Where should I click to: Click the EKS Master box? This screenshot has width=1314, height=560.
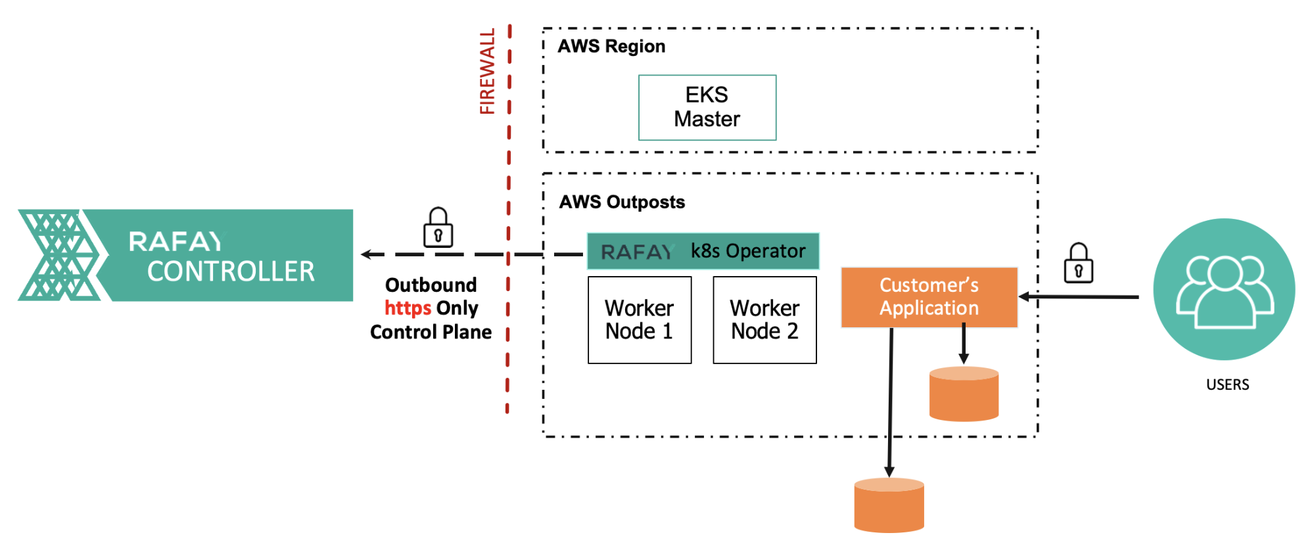pyautogui.click(x=707, y=107)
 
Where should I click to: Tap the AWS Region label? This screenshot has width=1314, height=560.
pyautogui.click(x=611, y=46)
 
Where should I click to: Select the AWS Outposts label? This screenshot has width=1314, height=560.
pyautogui.click(x=622, y=202)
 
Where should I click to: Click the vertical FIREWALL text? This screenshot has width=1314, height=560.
pyautogui.click(x=487, y=71)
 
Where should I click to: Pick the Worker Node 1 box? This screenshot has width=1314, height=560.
pyautogui.click(x=640, y=320)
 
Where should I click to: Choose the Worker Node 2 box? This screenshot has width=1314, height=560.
pyautogui.click(x=764, y=320)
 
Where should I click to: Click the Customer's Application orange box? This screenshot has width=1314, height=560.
pyautogui.click(x=929, y=297)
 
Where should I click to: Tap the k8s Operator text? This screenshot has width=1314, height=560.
pyautogui.click(x=748, y=251)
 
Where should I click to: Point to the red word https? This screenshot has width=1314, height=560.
pyautogui.click(x=408, y=308)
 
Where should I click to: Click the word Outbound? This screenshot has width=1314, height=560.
pyautogui.click(x=431, y=285)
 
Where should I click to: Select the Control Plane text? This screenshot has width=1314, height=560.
pyautogui.click(x=431, y=332)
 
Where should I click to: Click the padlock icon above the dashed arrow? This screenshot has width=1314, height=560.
pyautogui.click(x=438, y=228)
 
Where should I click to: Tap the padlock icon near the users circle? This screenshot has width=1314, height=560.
pyautogui.click(x=1078, y=264)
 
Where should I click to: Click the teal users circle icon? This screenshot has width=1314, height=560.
pyautogui.click(x=1224, y=289)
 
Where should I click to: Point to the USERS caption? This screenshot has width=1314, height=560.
pyautogui.click(x=1227, y=385)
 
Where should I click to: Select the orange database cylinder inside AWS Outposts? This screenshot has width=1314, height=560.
pyautogui.click(x=964, y=394)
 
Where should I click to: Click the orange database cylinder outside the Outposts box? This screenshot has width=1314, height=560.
pyautogui.click(x=889, y=505)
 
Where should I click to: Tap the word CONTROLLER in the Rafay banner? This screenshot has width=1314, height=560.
pyautogui.click(x=231, y=271)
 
